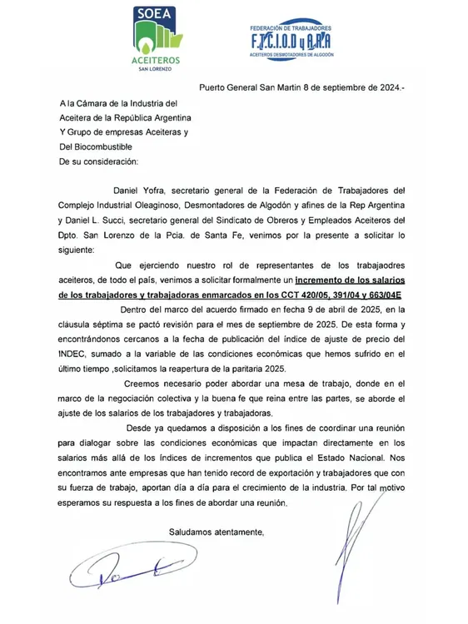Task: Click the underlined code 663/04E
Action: click(381, 293)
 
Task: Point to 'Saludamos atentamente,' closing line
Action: click(217, 531)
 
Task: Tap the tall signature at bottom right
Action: click(352, 541)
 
